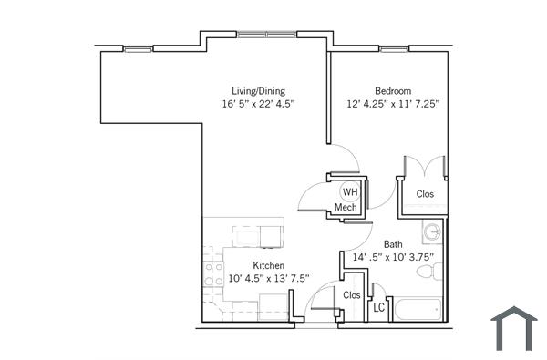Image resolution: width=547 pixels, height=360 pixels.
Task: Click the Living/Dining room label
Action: (258, 90)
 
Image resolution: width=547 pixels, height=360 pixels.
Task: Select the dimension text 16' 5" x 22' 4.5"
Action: (258, 104)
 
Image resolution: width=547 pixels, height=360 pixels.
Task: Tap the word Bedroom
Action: (393, 90)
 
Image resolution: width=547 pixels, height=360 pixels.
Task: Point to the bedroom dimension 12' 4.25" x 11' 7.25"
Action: (393, 104)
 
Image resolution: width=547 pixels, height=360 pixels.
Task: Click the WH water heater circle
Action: (347, 191)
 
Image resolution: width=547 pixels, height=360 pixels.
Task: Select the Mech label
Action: (346, 208)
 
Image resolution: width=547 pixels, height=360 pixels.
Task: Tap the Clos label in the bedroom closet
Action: (425, 193)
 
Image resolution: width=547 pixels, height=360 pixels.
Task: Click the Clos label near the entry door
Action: (351, 294)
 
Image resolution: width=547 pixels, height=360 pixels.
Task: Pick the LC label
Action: (379, 308)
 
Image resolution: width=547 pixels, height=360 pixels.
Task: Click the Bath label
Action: (393, 244)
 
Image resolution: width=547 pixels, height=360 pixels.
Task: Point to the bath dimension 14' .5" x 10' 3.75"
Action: (393, 258)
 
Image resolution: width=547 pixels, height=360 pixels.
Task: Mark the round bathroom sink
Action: (433, 232)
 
